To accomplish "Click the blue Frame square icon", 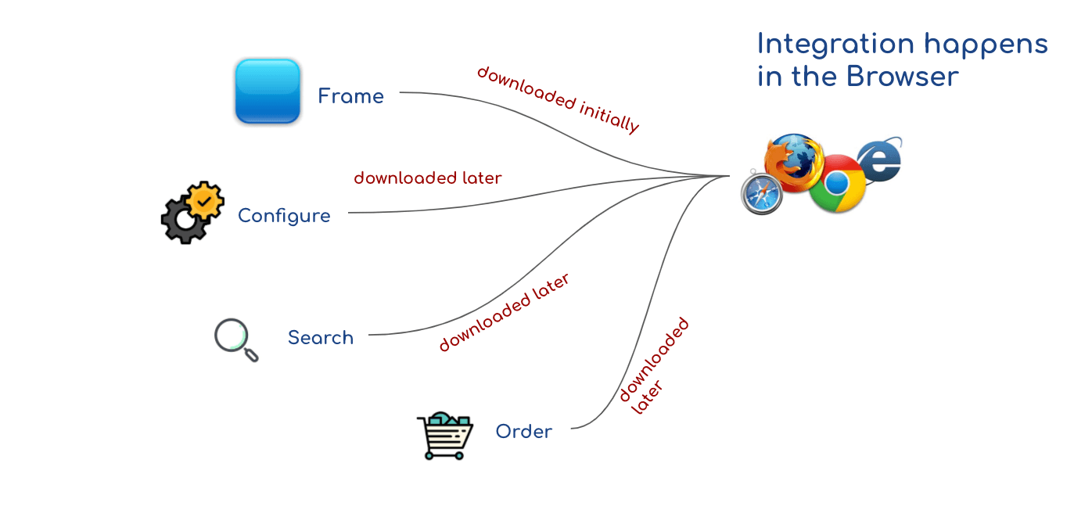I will [268, 91].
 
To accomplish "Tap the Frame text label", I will [350, 97].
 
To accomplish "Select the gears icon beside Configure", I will [192, 212].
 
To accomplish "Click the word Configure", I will [284, 216].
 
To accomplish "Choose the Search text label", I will [321, 338].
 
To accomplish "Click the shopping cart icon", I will [445, 435].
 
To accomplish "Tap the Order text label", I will [524, 432].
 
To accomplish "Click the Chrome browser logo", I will [837, 184].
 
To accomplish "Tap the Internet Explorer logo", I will [880, 161].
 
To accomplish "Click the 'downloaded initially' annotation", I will [558, 99].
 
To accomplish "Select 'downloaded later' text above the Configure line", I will [427, 178].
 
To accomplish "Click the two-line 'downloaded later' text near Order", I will [653, 366].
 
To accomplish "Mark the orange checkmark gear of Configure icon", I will [205, 200].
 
